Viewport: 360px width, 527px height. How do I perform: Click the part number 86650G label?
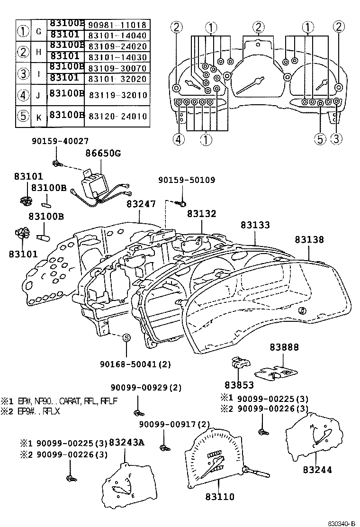(x=103, y=153)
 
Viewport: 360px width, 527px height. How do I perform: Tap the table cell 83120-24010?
(x=117, y=116)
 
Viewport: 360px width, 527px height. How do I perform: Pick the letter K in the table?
(x=37, y=116)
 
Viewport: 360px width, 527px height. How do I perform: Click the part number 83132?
(x=201, y=214)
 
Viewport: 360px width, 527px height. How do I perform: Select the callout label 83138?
(x=309, y=240)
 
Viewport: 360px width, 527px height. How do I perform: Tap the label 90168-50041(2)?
(x=135, y=364)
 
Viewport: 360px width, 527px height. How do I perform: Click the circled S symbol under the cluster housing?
(x=126, y=337)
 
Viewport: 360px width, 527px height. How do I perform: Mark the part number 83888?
(x=284, y=347)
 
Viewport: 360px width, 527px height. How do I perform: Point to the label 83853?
(x=239, y=385)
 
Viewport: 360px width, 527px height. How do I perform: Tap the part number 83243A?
(x=126, y=443)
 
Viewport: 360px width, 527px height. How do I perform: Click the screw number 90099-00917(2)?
(x=174, y=424)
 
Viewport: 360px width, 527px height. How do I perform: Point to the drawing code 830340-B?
(x=342, y=523)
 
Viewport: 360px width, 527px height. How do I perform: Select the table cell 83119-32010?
(x=117, y=95)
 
